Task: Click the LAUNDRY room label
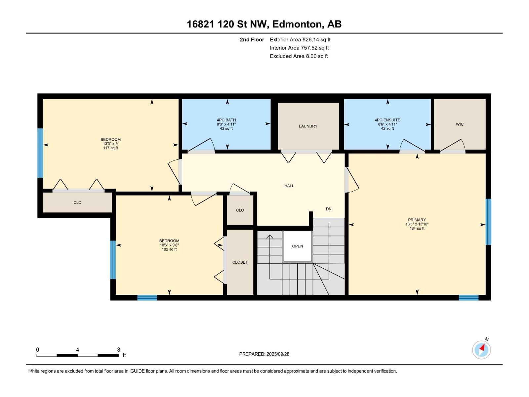pos(308,126)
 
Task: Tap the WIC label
pos(460,124)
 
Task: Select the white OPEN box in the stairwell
pos(298,246)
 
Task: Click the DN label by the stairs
pos(329,209)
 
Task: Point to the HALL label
pos(289,186)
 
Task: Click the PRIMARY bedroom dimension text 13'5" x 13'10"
pos(417,224)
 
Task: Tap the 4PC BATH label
pos(226,120)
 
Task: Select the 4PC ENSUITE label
pos(387,120)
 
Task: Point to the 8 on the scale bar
pos(119,350)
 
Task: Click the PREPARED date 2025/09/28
pos(278,354)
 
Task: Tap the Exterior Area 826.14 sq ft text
pos(300,40)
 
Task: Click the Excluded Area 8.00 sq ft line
pos(299,56)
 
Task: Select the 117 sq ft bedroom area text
pos(110,148)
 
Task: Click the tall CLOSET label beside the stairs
pos(240,262)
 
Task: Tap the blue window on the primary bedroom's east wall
pos(488,222)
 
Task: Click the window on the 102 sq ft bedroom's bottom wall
pos(147,298)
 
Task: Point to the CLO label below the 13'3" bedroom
pos(77,202)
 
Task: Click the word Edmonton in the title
pos(297,24)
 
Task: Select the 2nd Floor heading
pos(252,40)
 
